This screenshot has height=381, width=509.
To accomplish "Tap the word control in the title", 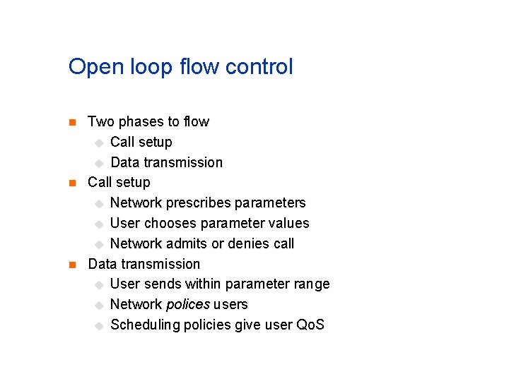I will click(x=258, y=67).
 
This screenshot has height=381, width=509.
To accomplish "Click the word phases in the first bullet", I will click(x=141, y=122).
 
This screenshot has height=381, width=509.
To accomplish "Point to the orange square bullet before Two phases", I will click(x=71, y=123).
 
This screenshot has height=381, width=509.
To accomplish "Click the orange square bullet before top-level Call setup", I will click(x=71, y=183).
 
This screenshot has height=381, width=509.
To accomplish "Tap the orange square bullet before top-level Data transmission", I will click(x=71, y=265).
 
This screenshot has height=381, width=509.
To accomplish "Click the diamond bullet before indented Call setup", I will click(x=99, y=143).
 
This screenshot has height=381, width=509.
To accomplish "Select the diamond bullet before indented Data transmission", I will click(x=99, y=163).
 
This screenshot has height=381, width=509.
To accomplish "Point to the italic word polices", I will click(x=187, y=305).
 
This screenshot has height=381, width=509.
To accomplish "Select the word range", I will click(x=311, y=284).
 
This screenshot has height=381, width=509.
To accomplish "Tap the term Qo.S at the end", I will click(x=310, y=325).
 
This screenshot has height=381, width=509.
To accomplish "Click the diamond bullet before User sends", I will click(x=99, y=285).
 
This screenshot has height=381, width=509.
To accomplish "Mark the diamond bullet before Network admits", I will click(x=99, y=245).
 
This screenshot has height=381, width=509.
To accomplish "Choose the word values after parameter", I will click(x=288, y=224).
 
